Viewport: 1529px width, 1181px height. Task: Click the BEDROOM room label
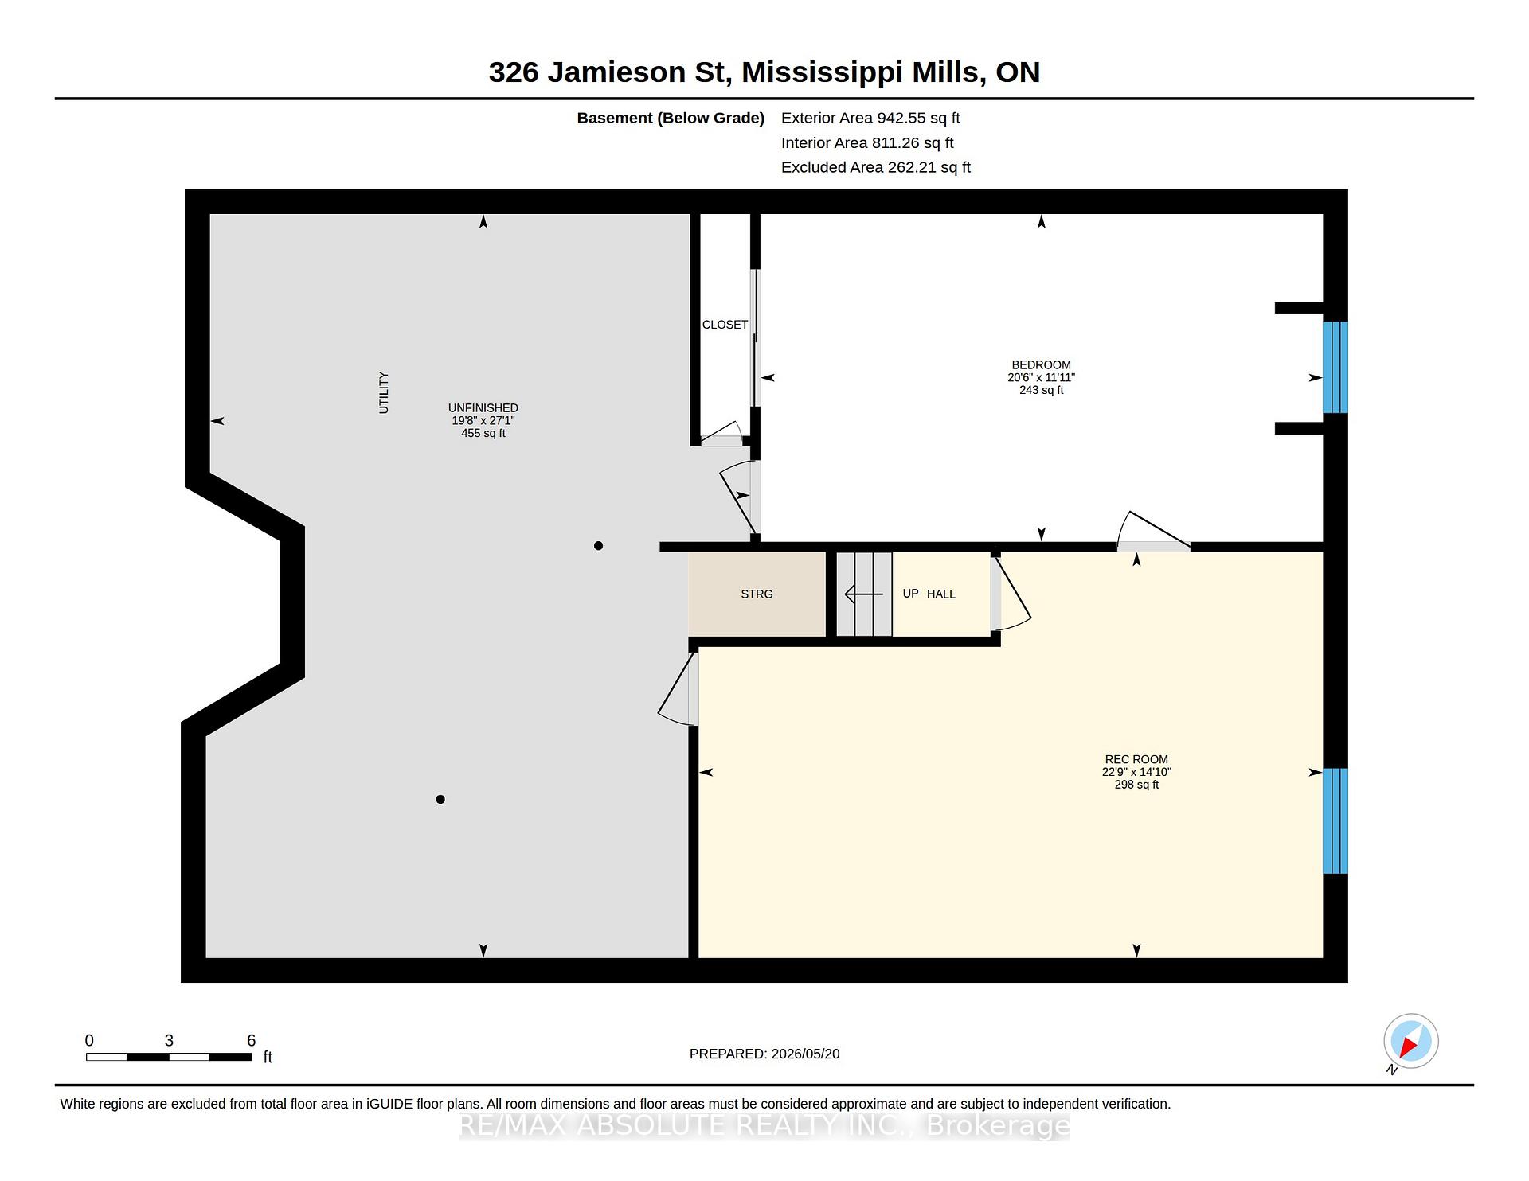(x=1041, y=365)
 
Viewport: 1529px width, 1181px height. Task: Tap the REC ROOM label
(x=1136, y=759)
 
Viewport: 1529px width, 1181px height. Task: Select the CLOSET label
(x=725, y=325)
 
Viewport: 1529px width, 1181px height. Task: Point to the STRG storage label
(x=757, y=594)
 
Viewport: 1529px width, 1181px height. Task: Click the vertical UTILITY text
(x=384, y=392)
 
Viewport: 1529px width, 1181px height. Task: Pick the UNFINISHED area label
(x=483, y=408)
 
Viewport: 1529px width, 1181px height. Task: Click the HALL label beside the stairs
(x=941, y=594)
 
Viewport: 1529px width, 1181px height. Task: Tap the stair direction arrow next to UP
(x=864, y=594)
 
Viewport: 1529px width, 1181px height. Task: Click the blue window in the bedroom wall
(x=1335, y=367)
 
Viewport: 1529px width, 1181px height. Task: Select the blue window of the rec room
(x=1335, y=820)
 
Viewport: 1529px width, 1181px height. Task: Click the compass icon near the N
(x=1411, y=1041)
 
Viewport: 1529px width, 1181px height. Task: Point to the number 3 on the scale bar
(x=169, y=1040)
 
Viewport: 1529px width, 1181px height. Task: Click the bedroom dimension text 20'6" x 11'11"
(x=1041, y=377)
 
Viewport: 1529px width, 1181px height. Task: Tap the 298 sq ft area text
(x=1136, y=785)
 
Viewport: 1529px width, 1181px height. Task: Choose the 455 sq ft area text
(x=483, y=433)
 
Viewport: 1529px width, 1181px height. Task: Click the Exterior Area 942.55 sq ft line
(x=870, y=118)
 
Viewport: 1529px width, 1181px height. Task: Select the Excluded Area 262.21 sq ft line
(x=876, y=167)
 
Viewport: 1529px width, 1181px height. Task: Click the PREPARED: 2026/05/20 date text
(x=764, y=1054)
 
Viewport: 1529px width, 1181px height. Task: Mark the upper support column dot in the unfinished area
(x=598, y=545)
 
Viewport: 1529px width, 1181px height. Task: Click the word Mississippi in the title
(x=822, y=72)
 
